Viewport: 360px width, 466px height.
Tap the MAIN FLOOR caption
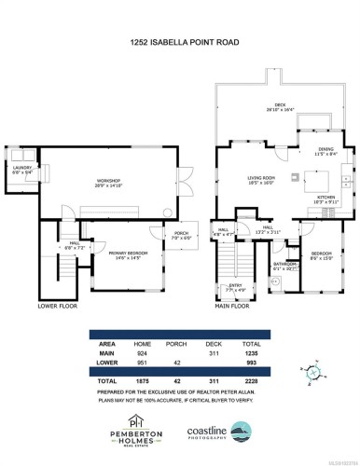(232, 306)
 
